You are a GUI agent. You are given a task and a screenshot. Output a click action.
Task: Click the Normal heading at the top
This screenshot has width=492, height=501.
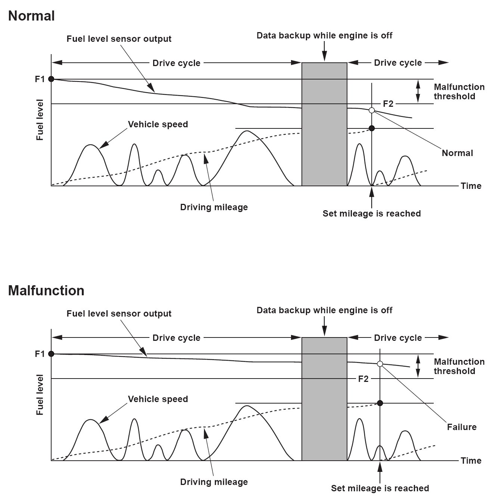(31, 16)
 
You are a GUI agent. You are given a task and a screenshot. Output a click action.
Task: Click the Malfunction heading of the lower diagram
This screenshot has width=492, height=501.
(46, 290)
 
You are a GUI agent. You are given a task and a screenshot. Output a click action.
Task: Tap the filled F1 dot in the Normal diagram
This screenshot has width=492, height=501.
(51, 79)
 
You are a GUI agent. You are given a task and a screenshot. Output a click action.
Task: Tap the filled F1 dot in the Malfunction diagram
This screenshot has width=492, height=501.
(51, 354)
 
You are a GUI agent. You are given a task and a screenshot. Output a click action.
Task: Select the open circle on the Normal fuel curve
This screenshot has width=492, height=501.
(372, 110)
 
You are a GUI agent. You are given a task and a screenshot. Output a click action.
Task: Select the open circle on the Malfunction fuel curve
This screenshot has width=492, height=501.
(380, 364)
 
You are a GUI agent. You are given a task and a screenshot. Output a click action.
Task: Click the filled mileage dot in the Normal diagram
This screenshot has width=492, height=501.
(372, 128)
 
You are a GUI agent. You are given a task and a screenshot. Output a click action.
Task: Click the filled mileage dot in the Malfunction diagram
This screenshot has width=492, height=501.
(380, 403)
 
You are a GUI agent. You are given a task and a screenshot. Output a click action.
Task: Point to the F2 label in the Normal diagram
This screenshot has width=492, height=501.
(388, 104)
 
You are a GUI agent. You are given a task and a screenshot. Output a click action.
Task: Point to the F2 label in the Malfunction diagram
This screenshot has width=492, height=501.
(363, 379)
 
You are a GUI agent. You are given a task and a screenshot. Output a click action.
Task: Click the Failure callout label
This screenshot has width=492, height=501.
(462, 427)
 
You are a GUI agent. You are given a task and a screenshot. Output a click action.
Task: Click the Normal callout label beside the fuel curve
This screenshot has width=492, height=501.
(457, 153)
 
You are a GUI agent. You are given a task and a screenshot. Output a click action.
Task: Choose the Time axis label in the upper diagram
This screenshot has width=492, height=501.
(471, 186)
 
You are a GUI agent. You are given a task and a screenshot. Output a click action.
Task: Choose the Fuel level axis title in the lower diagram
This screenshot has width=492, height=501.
(40, 395)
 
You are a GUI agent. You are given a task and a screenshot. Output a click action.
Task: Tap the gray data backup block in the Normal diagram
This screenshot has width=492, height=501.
(324, 124)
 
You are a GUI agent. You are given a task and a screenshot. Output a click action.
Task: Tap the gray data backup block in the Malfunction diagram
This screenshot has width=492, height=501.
(324, 399)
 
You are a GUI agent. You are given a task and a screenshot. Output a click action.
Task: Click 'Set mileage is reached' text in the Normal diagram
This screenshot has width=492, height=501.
(372, 214)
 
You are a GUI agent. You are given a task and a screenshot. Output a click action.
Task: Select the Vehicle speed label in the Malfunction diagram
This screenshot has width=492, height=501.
(158, 399)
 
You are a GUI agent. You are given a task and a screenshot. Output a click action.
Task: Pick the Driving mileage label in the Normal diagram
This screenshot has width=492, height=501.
(214, 207)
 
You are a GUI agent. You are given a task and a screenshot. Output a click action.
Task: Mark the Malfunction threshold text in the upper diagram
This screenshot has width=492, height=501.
(459, 91)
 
